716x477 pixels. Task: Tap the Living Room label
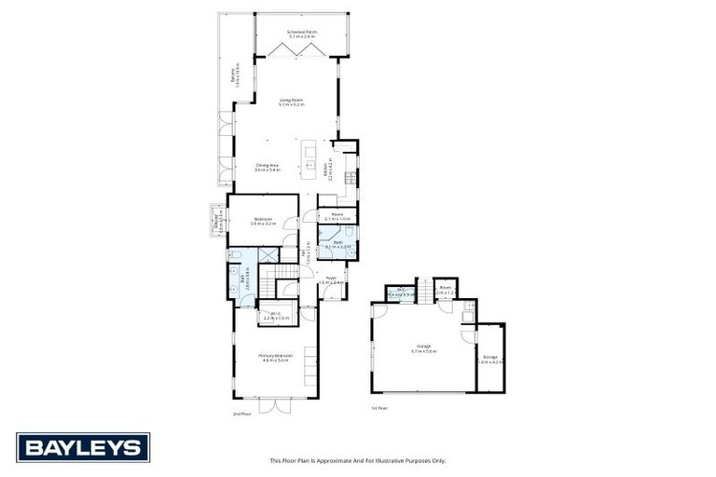tap(291, 102)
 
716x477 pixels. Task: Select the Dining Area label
tap(268, 168)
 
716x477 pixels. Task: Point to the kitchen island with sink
tap(310, 159)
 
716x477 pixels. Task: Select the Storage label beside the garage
tap(489, 358)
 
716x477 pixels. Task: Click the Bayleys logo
tap(82, 447)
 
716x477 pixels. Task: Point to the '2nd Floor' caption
tap(241, 413)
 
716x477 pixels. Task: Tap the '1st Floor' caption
tap(379, 408)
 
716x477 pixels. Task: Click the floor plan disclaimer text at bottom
tap(358, 460)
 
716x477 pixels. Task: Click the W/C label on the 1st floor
tap(401, 292)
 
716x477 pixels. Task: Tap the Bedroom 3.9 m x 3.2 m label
tap(263, 222)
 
